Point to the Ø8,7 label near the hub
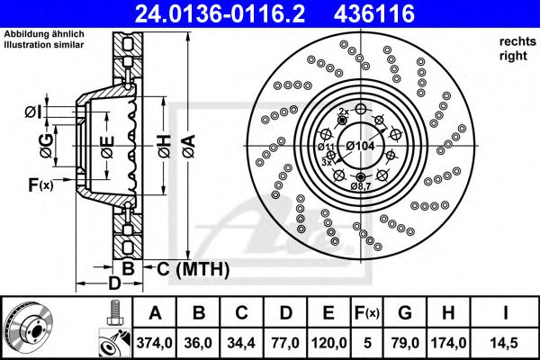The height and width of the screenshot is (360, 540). click(x=361, y=185)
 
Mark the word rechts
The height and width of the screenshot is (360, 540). click(x=516, y=41)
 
